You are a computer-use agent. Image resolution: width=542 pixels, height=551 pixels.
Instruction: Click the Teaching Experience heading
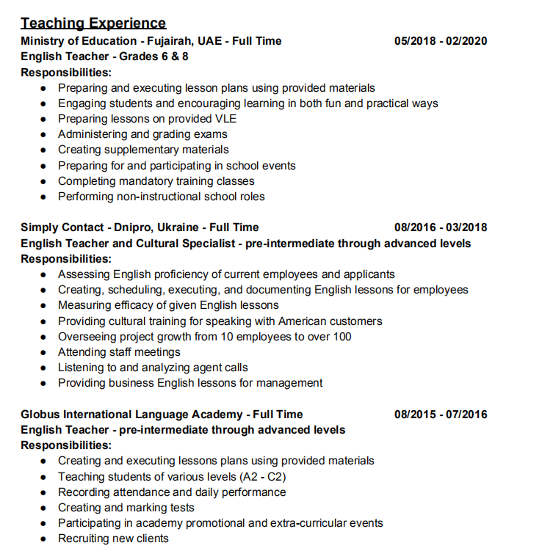pyautogui.click(x=93, y=23)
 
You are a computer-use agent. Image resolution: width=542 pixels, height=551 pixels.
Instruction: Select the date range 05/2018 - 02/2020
pyautogui.click(x=441, y=41)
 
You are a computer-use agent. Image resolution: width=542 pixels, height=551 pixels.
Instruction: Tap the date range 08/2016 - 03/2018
pyautogui.click(x=441, y=227)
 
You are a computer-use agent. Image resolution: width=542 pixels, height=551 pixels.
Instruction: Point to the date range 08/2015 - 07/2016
pyautogui.click(x=441, y=415)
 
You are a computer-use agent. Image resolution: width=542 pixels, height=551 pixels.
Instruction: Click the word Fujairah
pyautogui.click(x=169, y=41)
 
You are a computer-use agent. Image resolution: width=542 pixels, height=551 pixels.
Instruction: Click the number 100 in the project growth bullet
pyautogui.click(x=342, y=337)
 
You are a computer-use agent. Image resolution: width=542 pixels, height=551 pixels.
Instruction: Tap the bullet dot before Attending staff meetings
pyautogui.click(x=43, y=352)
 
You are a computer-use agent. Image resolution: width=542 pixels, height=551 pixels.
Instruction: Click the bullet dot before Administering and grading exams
pyautogui.click(x=43, y=134)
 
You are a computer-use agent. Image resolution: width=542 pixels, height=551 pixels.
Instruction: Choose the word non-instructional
pyautogui.click(x=156, y=197)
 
